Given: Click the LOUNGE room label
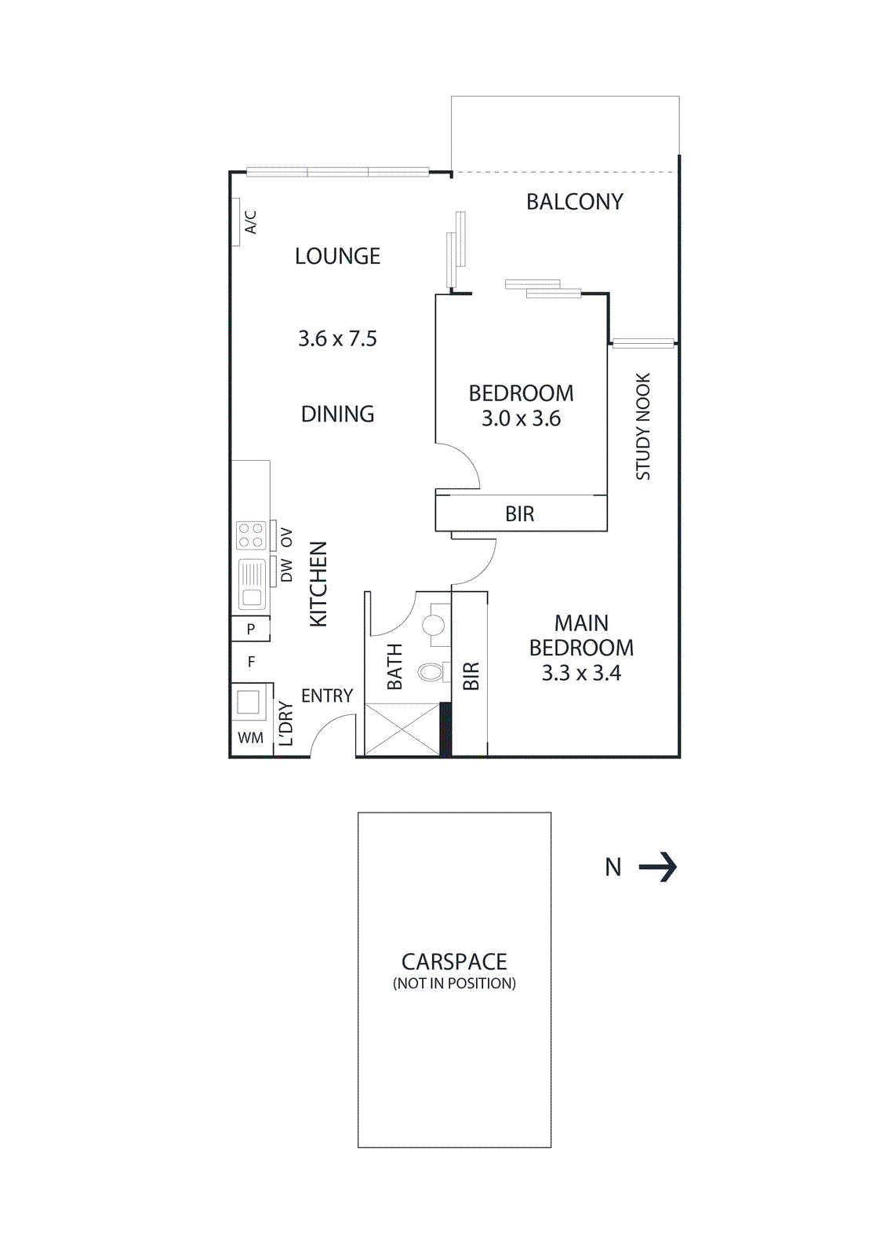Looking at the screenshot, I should pos(337,256).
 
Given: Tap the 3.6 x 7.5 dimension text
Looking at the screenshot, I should pos(337,338).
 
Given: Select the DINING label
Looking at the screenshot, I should pos(337,414).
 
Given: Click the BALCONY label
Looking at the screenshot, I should pos(574,202).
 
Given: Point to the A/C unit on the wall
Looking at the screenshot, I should pos(236,222).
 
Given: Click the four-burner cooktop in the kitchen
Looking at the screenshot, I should pos(251,536).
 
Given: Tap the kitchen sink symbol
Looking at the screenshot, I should pos(252,584).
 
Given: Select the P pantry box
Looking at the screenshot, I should pos(250,629).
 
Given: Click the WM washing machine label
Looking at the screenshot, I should pos(250,738).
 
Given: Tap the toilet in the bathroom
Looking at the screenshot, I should pos(432,672).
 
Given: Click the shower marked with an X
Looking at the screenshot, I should pos(402,729).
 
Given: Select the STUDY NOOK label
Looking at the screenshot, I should pos(643,426).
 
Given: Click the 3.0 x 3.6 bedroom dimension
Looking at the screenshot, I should pos(521,418).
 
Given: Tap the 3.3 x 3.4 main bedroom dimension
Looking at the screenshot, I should pos(581,673).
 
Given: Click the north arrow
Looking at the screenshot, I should pos(658,867).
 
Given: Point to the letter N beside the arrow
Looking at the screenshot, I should pos(613,867).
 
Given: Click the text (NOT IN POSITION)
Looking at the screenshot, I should pos(454,984).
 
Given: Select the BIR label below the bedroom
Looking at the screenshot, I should pos(519,514).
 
